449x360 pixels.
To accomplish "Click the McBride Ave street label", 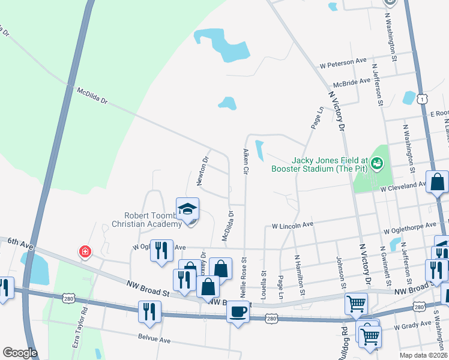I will click(352, 82).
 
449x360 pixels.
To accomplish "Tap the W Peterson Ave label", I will click(343, 62).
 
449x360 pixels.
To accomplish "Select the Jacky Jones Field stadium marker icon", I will click(377, 162).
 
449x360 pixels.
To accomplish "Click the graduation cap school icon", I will click(187, 209).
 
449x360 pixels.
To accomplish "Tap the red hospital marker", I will click(85, 251).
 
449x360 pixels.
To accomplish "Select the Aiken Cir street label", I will click(246, 161).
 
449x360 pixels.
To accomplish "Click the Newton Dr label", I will click(202, 171).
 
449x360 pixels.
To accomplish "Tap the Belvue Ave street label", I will click(154, 339).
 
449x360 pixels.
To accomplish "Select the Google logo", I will click(20, 353).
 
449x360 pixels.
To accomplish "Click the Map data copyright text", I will click(423, 355).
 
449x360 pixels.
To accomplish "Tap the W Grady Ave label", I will click(412, 325).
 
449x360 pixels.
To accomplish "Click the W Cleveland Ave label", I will click(406, 188).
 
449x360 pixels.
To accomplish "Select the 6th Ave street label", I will click(20, 242).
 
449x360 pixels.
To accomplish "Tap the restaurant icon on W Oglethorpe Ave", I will click(160, 250).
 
